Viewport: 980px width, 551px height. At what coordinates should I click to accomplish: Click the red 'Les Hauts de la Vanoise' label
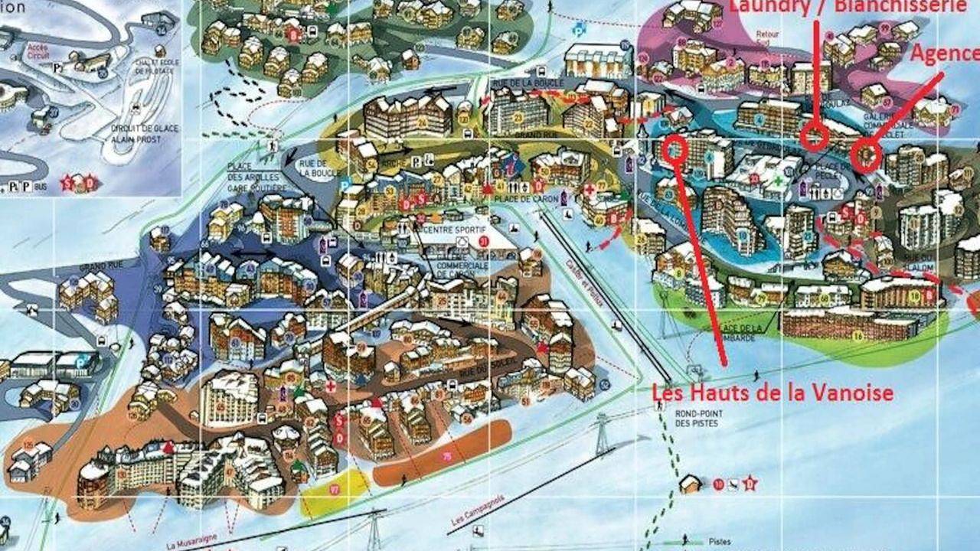pos(773,393)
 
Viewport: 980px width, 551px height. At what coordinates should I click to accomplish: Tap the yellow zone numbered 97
pos(334,491)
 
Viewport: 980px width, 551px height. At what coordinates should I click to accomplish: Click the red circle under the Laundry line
pos(815,138)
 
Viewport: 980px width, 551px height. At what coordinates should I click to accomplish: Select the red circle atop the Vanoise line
pos(675,148)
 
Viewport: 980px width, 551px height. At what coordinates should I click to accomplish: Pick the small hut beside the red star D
pos(691,484)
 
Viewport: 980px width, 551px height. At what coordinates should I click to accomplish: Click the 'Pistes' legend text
pos(720,540)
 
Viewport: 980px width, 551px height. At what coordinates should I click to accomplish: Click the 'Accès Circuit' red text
pos(38,51)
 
